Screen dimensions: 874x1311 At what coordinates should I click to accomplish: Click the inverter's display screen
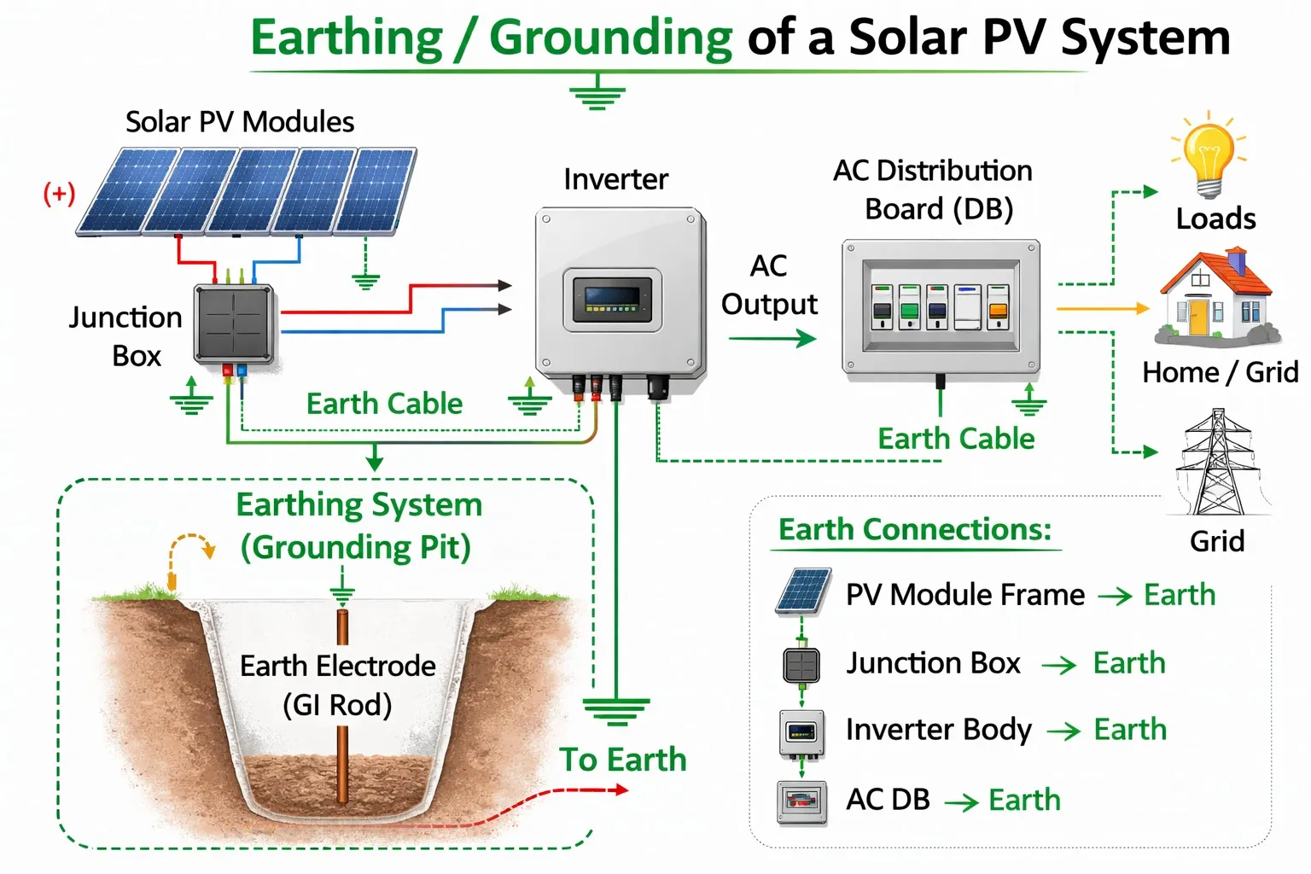(x=612, y=299)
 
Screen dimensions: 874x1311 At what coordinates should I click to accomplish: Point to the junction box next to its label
(x=235, y=323)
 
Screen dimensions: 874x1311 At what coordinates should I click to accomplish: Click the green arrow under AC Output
(x=772, y=339)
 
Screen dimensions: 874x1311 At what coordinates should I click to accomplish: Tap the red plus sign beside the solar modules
(x=59, y=194)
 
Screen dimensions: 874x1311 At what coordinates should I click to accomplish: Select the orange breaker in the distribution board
(x=997, y=306)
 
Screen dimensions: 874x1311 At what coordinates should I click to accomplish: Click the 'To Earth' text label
(x=623, y=760)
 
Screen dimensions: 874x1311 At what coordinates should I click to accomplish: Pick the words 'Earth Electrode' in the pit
(x=338, y=666)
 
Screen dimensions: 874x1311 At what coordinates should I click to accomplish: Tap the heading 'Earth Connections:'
(x=915, y=530)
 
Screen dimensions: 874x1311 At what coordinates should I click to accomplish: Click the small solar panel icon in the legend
(x=803, y=591)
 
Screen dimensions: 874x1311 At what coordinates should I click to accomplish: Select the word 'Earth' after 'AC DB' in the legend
(x=1024, y=801)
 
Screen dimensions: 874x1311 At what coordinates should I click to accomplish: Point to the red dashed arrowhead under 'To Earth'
(x=621, y=790)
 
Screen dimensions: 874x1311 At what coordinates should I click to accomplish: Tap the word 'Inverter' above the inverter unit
(x=615, y=179)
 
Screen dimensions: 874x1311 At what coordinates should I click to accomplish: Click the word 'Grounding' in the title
(x=610, y=38)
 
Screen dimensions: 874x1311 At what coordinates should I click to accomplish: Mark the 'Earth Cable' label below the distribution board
(x=956, y=439)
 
